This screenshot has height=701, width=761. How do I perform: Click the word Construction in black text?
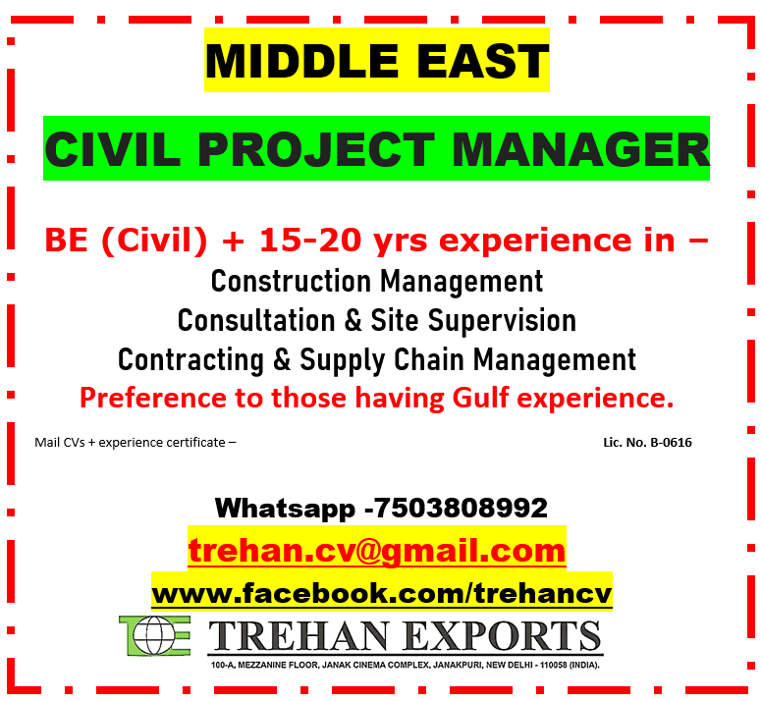292,282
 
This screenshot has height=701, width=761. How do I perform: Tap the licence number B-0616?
671,443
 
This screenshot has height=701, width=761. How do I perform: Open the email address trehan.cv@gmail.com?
377,550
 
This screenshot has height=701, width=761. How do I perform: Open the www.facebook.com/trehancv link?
381,593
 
